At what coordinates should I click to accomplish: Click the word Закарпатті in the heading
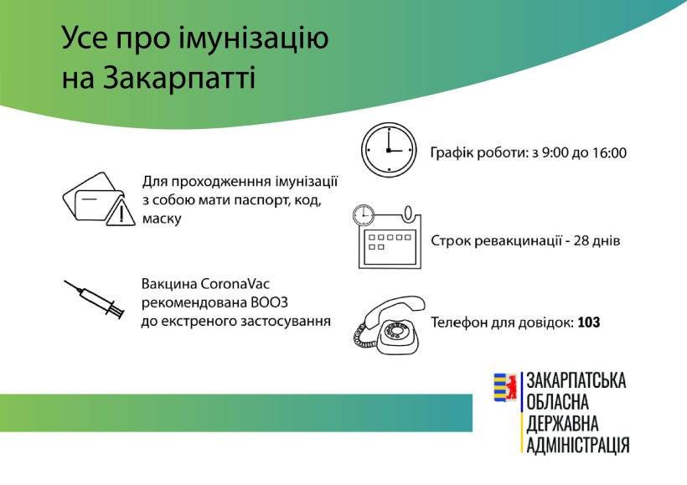point(178,78)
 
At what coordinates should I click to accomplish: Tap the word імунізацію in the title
point(254,39)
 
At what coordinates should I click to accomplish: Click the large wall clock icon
point(389,150)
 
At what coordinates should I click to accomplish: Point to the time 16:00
point(609,153)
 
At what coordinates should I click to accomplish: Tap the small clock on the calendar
point(364,215)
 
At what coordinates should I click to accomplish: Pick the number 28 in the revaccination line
point(581,240)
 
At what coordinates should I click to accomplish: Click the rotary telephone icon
point(389,325)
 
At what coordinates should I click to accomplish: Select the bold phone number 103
point(589,322)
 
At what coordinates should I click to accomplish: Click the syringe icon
point(94,299)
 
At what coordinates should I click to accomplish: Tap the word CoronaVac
point(235,284)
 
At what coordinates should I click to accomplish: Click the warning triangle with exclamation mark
point(121,212)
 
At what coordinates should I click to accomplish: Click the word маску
point(162,219)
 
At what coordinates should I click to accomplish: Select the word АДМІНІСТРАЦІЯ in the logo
point(578,444)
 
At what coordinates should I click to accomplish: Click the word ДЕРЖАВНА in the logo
point(562,423)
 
